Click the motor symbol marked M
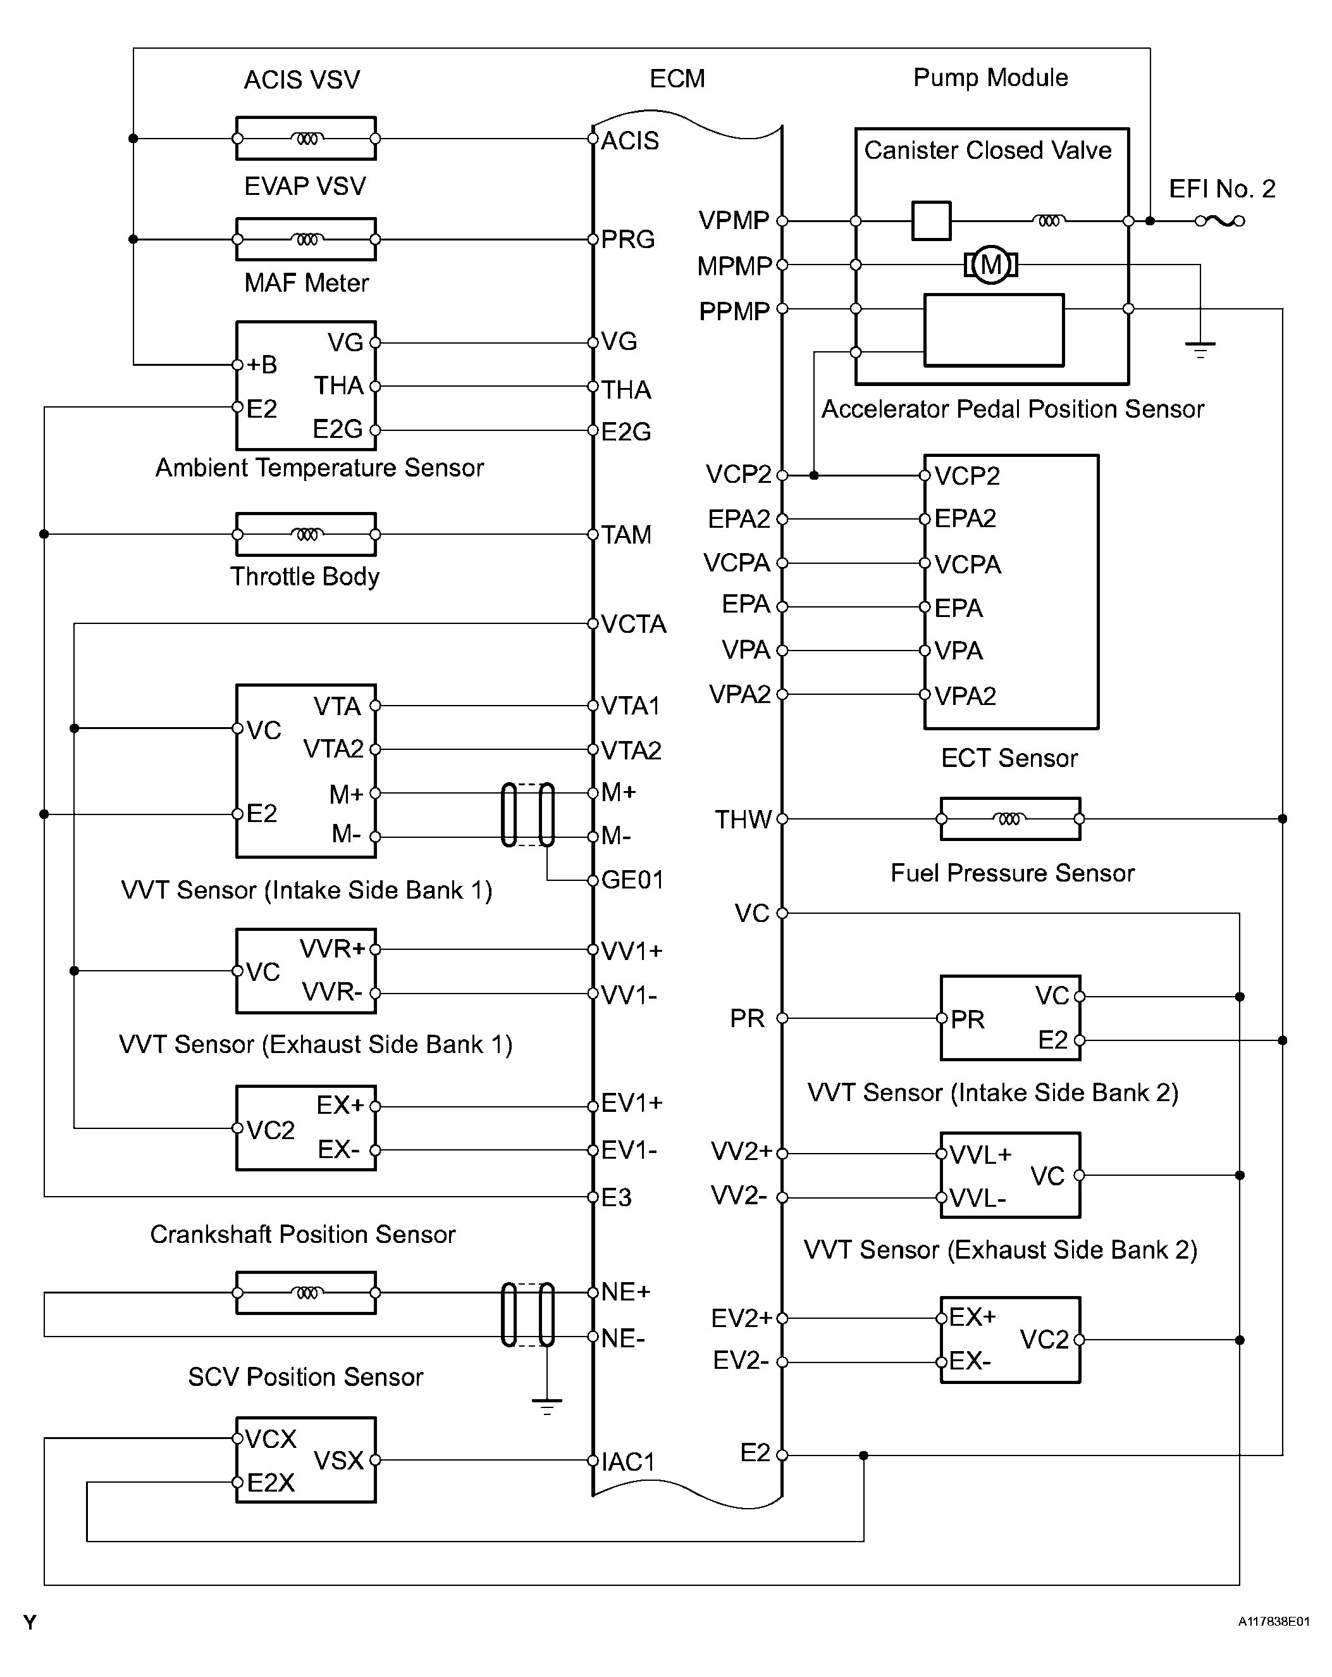(x=990, y=265)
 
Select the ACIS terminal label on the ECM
(x=630, y=140)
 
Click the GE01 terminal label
(x=632, y=880)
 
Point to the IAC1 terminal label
(x=628, y=1462)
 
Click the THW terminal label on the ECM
(x=743, y=819)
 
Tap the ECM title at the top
(x=677, y=78)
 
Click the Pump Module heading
(x=990, y=78)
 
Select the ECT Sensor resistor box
(x=1009, y=818)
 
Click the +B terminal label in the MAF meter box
(x=261, y=364)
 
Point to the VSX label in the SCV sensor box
(x=338, y=1460)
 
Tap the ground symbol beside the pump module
(x=1200, y=349)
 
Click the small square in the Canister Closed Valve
(x=931, y=221)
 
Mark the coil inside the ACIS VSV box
(x=306, y=139)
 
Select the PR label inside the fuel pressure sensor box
(x=967, y=1019)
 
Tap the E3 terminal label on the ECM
(x=616, y=1197)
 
